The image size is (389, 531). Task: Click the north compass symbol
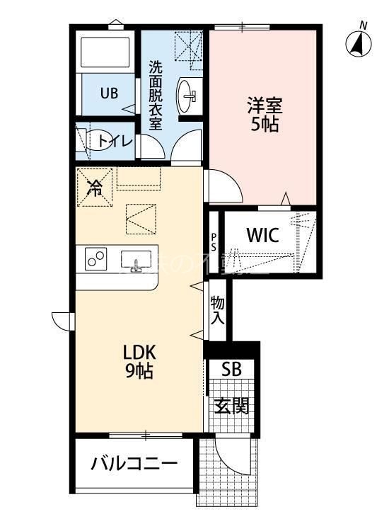click(x=359, y=42)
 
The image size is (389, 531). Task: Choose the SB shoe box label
click(x=231, y=370)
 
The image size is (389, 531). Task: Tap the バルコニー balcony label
click(x=134, y=465)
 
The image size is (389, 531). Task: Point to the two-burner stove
click(x=95, y=259)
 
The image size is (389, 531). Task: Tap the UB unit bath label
click(x=108, y=93)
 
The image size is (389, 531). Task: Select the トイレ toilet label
click(x=115, y=140)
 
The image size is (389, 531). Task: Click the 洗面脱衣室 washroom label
click(x=156, y=96)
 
